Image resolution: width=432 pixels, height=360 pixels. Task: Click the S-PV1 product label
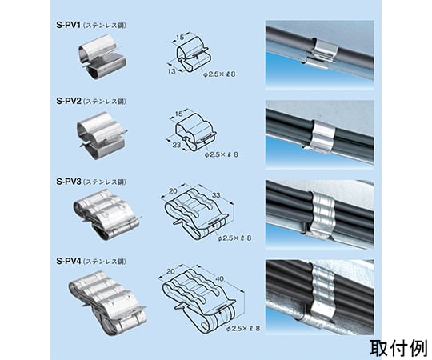68,25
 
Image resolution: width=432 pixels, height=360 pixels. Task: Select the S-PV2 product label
69,101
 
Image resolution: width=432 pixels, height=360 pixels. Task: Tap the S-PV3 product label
69,182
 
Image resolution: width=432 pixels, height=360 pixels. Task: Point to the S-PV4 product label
69,261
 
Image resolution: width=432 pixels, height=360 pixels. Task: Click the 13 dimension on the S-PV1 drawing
171,71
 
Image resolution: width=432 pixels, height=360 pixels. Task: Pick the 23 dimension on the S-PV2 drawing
176,145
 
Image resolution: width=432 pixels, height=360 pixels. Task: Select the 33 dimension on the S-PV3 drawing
216,195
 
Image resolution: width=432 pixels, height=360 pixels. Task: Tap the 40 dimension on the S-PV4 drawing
219,278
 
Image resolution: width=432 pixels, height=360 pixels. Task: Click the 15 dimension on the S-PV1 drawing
180,38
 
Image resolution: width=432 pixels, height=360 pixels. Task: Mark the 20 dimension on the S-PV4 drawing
170,271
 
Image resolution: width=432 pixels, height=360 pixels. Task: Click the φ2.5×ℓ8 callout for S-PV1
219,74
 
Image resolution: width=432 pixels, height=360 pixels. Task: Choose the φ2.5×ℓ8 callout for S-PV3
234,238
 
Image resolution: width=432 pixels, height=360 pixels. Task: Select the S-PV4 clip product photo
108,303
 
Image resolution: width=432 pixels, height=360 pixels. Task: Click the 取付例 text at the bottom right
398,348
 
